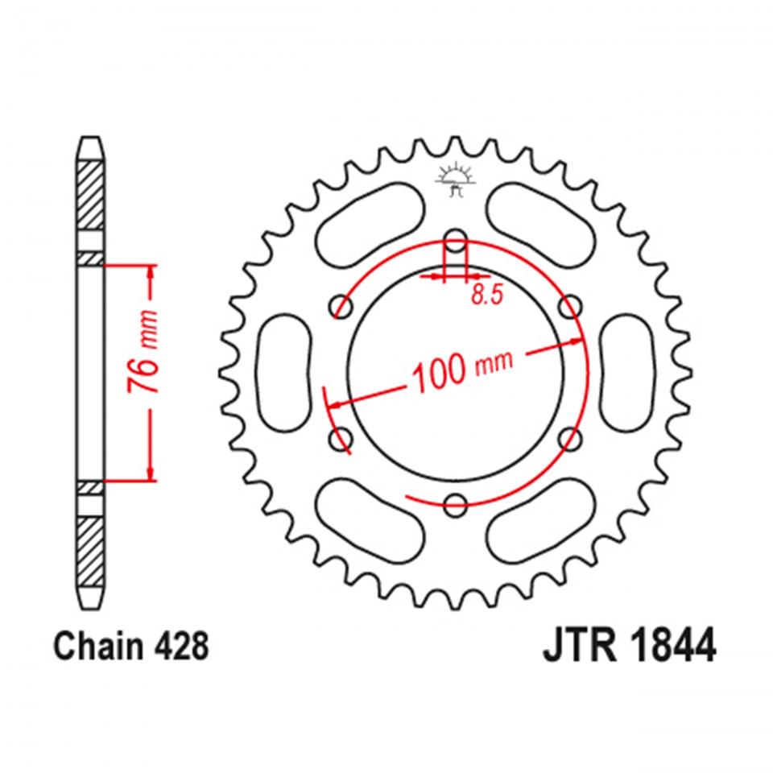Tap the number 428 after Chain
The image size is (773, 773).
click(183, 647)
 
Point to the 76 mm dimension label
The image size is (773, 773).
click(146, 351)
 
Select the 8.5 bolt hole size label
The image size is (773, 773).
click(486, 296)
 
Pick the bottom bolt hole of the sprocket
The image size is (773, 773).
click(456, 505)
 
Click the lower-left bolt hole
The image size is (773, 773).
click(342, 439)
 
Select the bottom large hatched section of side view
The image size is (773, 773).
click(90, 548)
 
